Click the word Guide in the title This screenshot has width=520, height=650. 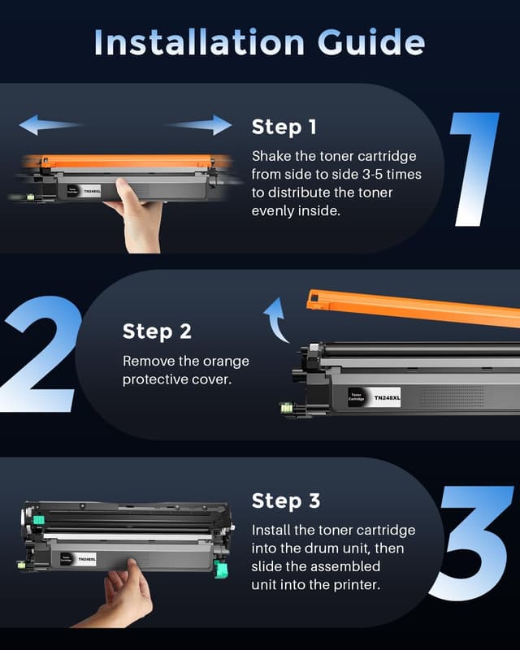pos(370,42)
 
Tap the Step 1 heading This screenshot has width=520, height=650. pos(284,127)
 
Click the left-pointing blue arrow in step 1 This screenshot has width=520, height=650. pos(50,125)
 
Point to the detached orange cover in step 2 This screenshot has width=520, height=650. pos(414,307)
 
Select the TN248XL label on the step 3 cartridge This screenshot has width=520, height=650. pos(87,559)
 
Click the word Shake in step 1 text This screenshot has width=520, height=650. pos(271,155)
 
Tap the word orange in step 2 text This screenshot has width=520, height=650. pos(227,360)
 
